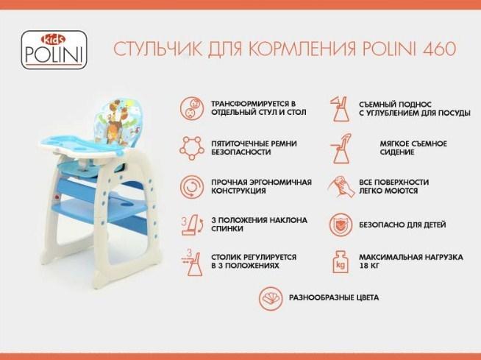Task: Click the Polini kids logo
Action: click(x=54, y=49)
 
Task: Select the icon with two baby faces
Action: click(x=192, y=108)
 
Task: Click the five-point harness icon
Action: click(x=192, y=148)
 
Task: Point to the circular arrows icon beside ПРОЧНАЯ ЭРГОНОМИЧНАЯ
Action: click(x=192, y=187)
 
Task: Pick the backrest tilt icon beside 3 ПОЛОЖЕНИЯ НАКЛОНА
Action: click(x=193, y=225)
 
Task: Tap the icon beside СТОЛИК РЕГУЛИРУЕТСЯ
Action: click(x=192, y=263)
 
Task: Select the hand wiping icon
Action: click(x=341, y=186)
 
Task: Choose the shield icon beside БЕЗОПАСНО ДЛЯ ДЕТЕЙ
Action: click(x=341, y=225)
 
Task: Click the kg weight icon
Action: click(x=341, y=262)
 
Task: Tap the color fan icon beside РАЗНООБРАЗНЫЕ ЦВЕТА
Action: click(x=271, y=298)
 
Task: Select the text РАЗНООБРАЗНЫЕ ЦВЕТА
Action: click(x=334, y=297)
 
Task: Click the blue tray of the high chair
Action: click(x=82, y=145)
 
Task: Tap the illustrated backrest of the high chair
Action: click(x=121, y=122)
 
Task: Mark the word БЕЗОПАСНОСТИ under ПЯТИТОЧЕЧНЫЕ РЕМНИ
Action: click(x=240, y=152)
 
